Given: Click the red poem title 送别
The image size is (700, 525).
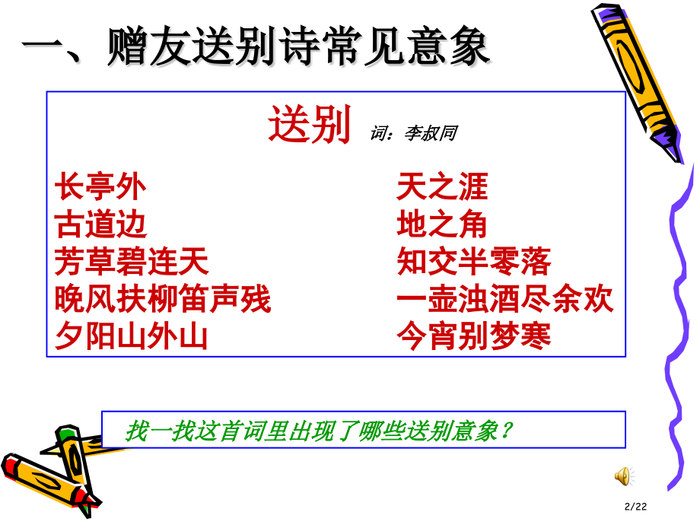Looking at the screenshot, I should (x=309, y=126).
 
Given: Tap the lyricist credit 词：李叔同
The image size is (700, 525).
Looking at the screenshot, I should (x=413, y=133).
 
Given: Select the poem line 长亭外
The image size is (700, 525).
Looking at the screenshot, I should (x=100, y=187).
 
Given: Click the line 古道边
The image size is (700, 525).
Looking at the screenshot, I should (x=100, y=225).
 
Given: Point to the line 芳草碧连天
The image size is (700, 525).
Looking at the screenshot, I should (x=132, y=262).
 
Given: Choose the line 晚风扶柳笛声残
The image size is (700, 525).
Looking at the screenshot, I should (x=163, y=300).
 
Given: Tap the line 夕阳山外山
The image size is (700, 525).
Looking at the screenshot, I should (x=132, y=337).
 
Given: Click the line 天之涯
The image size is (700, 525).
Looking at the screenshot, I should (x=442, y=187).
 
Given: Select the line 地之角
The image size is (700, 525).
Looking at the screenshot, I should (x=442, y=225).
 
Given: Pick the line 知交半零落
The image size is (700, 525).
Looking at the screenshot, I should (x=473, y=262).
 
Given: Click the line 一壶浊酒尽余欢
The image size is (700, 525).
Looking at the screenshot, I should (x=504, y=300).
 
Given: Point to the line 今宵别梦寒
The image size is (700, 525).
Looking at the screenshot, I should (x=473, y=337).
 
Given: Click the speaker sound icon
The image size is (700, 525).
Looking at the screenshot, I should (x=623, y=476).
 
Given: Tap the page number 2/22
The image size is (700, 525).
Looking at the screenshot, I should (x=638, y=507).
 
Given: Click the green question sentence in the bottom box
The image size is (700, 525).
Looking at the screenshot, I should (x=320, y=431).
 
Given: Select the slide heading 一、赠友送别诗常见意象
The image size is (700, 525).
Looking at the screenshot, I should (x=255, y=48).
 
